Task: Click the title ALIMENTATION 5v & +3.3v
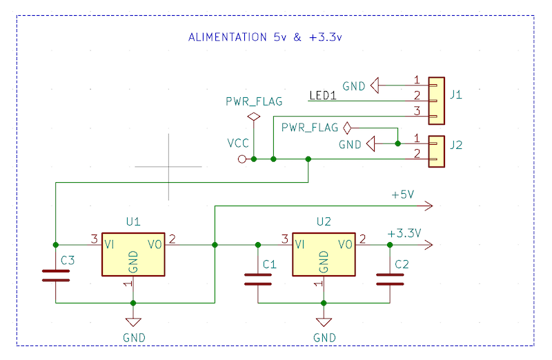[x=265, y=37]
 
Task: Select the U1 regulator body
[x=133, y=254]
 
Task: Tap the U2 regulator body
[x=324, y=254]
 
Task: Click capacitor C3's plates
[x=56, y=276]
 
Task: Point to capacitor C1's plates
[x=258, y=279]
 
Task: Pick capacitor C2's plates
[x=390, y=279]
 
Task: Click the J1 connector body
[x=437, y=101]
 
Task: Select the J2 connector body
[x=437, y=151]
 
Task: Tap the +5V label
[x=403, y=194]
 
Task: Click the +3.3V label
[x=404, y=233]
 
